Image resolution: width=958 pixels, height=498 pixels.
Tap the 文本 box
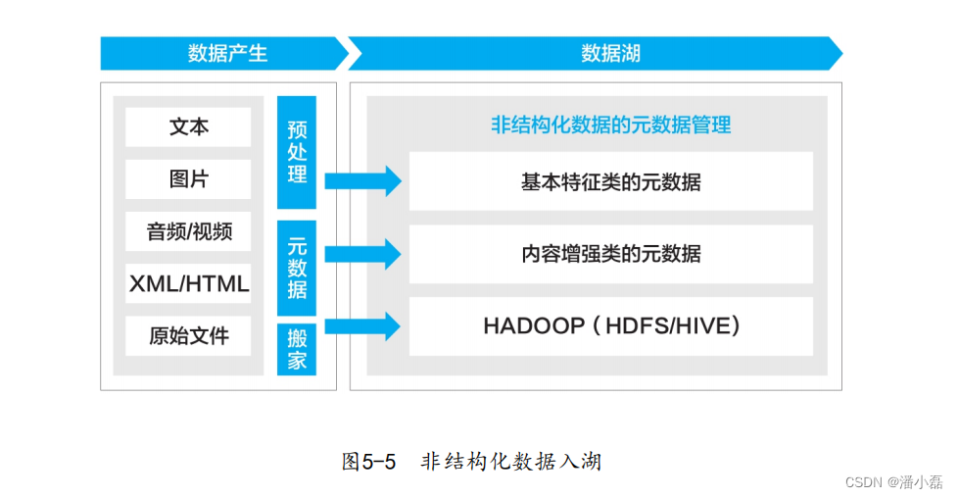[x=188, y=127]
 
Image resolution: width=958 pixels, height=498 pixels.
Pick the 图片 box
[x=188, y=179]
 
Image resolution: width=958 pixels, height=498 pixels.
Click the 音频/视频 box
[x=188, y=232]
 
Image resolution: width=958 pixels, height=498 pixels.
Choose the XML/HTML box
[x=188, y=284]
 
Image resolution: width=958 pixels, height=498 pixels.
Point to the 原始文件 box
[x=188, y=336]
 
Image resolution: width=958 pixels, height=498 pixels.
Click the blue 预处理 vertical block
[x=297, y=152]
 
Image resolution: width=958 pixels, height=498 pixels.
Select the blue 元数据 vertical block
[x=297, y=266]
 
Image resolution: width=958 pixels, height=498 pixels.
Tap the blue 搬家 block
[x=297, y=348]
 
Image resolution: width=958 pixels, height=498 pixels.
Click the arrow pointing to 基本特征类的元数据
[x=362, y=180]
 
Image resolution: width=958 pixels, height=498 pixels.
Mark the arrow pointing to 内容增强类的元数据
[x=362, y=254]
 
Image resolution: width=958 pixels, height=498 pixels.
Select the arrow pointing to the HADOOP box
[x=362, y=326]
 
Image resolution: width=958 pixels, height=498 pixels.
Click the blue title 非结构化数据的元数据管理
[x=610, y=125]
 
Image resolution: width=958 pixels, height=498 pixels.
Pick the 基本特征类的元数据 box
[x=610, y=181]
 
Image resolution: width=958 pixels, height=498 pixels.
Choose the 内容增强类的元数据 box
[x=610, y=254]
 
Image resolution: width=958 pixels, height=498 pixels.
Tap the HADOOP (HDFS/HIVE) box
[x=610, y=326]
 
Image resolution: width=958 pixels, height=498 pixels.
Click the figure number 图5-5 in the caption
[x=368, y=462]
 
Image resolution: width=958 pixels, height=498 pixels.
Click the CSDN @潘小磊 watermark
[x=893, y=482]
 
